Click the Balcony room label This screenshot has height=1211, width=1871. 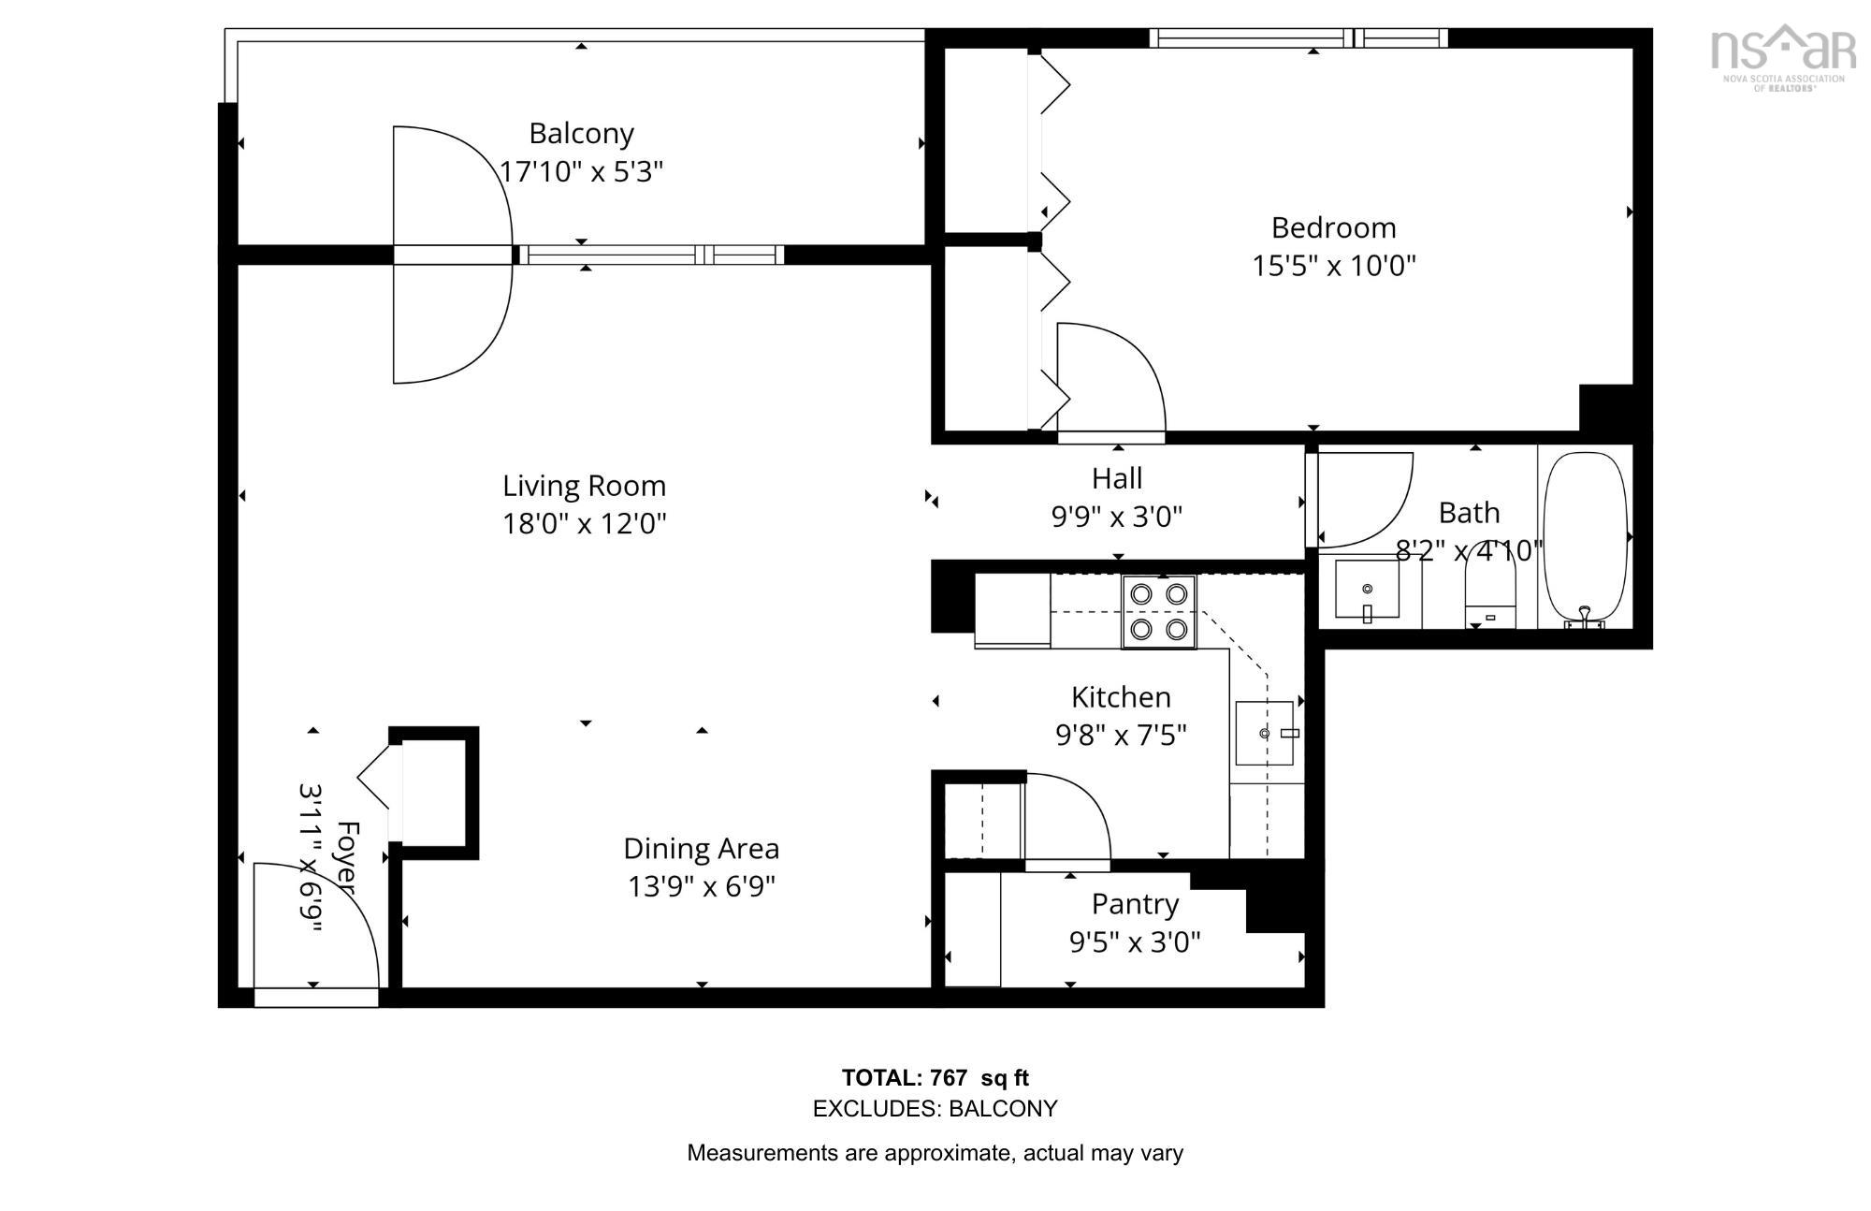[581, 134]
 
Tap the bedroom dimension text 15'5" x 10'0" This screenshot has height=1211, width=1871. [1333, 266]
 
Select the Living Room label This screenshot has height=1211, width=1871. [584, 486]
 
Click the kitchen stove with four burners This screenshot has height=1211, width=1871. [1159, 611]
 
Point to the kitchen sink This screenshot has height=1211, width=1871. [1265, 733]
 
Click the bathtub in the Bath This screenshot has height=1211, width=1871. [1585, 538]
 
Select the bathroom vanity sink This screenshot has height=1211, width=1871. [1367, 590]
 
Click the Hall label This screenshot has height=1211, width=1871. [1117, 478]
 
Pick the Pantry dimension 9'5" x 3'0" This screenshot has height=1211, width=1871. [1134, 941]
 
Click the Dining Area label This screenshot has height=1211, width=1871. [701, 849]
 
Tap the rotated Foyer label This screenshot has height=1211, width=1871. [347, 857]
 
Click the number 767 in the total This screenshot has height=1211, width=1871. [949, 1077]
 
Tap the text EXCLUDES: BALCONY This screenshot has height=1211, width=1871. [935, 1109]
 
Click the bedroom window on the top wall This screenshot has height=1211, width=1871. [1298, 38]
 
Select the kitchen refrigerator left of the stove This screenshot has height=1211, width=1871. [1012, 610]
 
